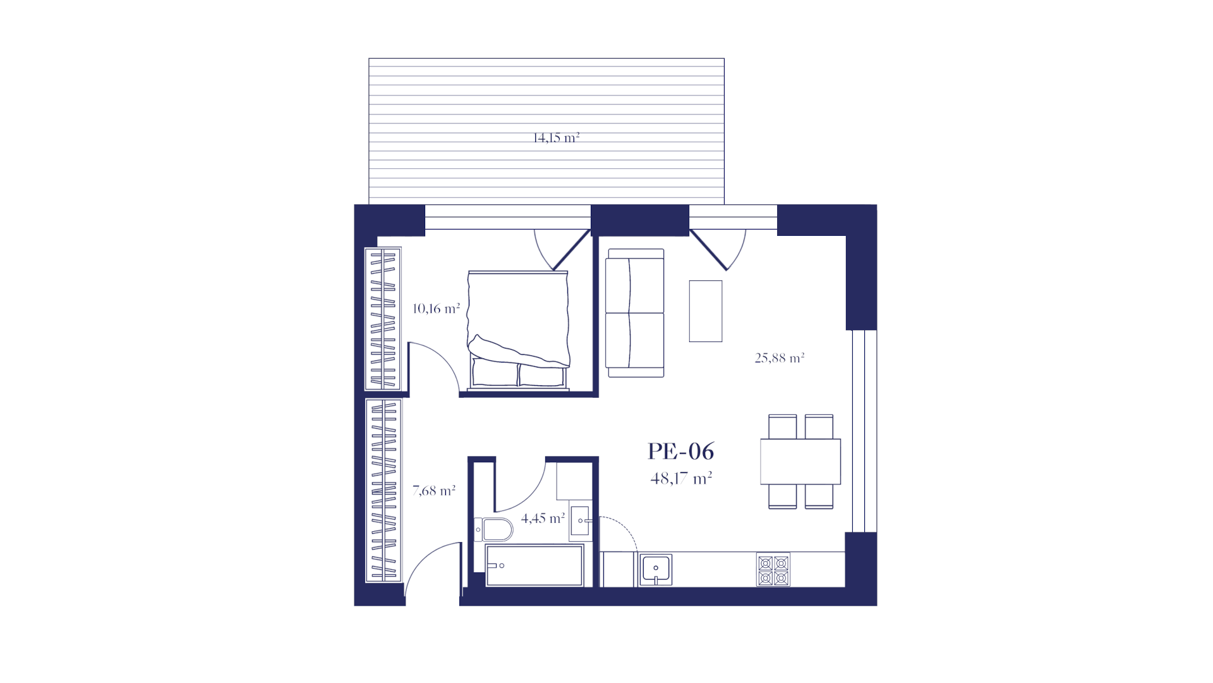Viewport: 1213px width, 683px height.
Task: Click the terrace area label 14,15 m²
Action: point(556,137)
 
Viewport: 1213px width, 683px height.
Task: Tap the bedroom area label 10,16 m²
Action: point(436,309)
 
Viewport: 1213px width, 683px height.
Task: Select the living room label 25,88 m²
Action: point(779,358)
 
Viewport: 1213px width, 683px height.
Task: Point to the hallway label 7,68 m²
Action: point(433,490)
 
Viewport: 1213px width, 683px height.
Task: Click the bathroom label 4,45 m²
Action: point(543,519)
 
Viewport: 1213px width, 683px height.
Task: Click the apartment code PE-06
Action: point(680,452)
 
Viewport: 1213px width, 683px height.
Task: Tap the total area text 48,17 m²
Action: point(681,478)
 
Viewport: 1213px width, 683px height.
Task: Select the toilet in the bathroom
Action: point(493,530)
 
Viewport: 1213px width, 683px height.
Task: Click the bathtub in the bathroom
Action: point(534,565)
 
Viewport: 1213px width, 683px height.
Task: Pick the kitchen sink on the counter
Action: point(655,570)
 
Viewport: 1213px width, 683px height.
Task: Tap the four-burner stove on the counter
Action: point(773,570)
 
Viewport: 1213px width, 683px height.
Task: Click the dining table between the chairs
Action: point(800,462)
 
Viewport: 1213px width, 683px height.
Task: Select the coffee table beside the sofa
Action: point(706,311)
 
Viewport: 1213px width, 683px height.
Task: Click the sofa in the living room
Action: point(635,313)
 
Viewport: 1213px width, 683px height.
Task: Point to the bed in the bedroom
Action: point(518,330)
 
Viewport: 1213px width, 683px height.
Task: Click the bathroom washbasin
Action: point(580,520)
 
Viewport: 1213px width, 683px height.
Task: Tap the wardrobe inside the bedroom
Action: point(383,319)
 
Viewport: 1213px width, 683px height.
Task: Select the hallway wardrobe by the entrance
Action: point(383,490)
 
